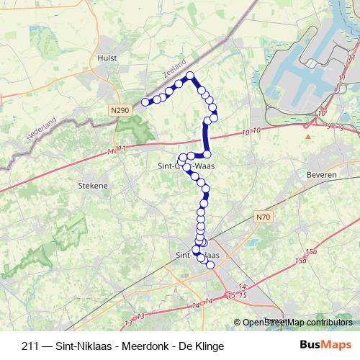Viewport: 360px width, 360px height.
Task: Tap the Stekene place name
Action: pyautogui.click(x=92, y=185)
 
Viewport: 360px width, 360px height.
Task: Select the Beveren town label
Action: pyautogui.click(x=297, y=175)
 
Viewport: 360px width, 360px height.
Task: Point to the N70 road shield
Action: pyautogui.click(x=264, y=216)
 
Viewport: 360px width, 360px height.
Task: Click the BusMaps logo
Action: pyautogui.click(x=326, y=346)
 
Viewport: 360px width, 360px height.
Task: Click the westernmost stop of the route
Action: pyautogui.click(x=145, y=102)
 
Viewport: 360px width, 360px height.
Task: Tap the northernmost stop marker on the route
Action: pyautogui.click(x=190, y=76)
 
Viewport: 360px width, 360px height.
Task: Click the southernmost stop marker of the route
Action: pyautogui.click(x=210, y=265)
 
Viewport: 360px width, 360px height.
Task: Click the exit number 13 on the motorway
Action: pyautogui.click(x=140, y=315)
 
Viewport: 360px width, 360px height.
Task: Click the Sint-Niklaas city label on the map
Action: pyautogui.click(x=197, y=254)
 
